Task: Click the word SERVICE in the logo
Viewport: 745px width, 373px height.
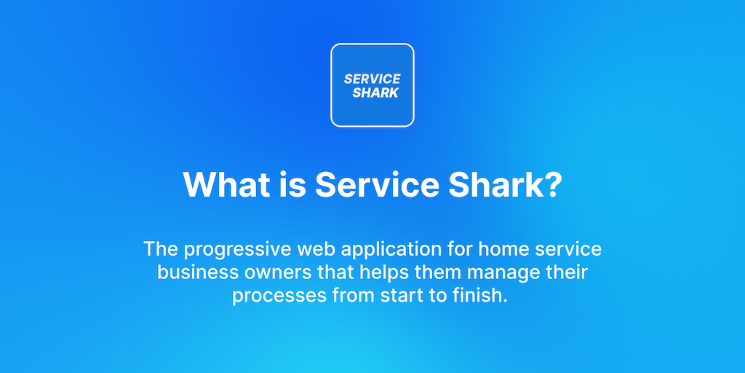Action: tap(372, 79)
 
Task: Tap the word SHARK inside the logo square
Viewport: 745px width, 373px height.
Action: tap(375, 93)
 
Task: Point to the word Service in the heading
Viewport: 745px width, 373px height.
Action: tap(378, 184)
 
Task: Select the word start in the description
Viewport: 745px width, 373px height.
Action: tap(402, 296)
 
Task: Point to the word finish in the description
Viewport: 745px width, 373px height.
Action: tap(478, 296)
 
